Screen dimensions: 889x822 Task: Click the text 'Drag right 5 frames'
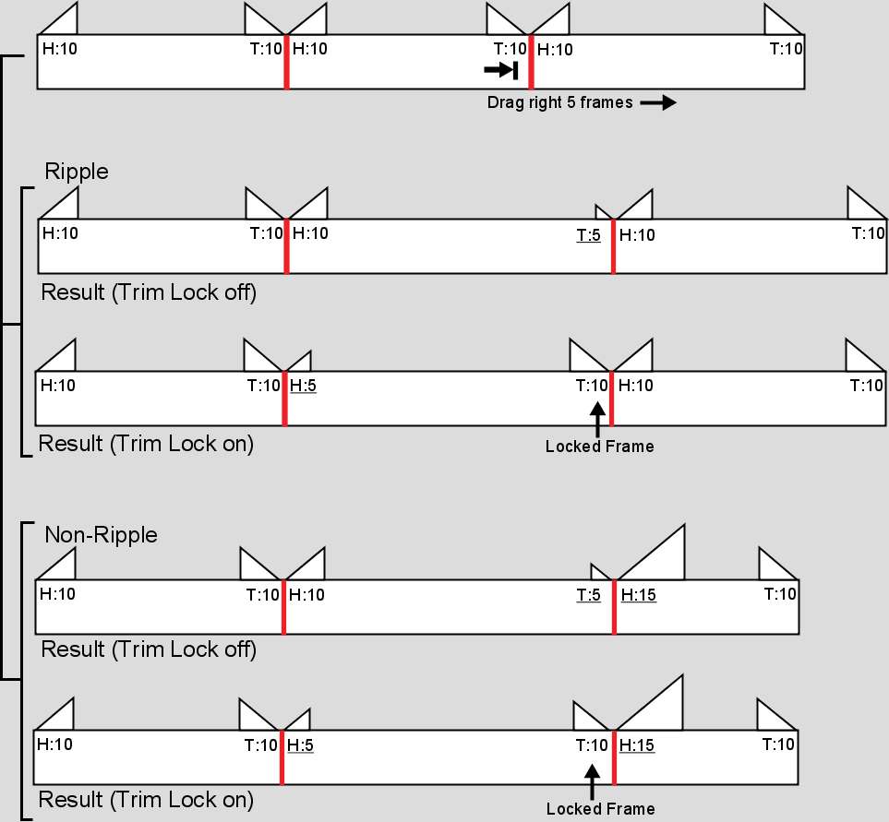559,102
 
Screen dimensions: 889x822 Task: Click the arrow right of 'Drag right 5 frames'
658,102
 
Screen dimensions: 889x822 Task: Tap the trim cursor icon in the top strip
500,70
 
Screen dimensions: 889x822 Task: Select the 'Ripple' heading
77,171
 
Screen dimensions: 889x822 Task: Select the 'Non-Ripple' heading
101,535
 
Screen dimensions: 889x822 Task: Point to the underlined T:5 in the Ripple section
588,234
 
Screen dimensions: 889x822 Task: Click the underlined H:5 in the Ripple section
303,386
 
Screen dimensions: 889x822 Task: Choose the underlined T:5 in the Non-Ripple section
588,595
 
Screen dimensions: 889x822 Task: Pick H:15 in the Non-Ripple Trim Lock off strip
639,595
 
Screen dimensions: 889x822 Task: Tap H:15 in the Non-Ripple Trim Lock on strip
637,745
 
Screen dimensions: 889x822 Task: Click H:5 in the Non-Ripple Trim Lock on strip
300,745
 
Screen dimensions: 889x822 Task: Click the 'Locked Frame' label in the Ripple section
599,447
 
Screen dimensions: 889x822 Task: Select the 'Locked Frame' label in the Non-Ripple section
600,809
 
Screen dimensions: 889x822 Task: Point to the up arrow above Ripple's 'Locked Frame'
597,419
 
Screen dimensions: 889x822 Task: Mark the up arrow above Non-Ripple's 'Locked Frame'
592,781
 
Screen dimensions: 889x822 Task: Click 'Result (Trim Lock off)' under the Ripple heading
149,292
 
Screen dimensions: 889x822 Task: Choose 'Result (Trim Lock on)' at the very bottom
146,800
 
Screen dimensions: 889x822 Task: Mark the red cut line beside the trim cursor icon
531,62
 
